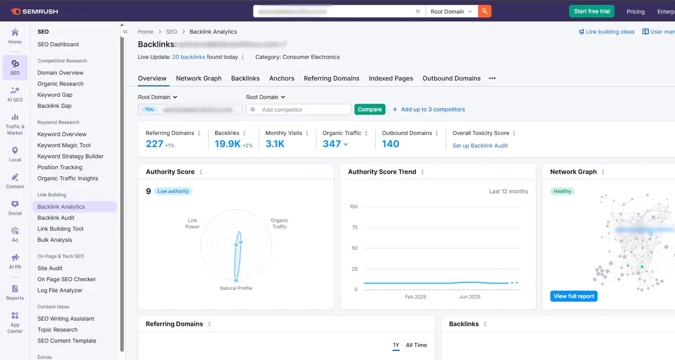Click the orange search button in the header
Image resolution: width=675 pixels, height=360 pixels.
(x=485, y=11)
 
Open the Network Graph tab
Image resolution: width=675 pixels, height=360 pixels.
(x=198, y=78)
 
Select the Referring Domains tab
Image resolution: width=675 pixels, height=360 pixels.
(x=331, y=78)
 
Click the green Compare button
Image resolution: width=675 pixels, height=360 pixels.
(x=370, y=109)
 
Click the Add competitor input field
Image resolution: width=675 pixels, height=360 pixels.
(x=301, y=109)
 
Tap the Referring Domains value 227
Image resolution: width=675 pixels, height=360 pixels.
(x=154, y=144)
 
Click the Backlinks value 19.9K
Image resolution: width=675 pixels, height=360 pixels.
(x=227, y=144)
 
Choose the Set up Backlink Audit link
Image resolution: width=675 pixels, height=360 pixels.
(x=480, y=145)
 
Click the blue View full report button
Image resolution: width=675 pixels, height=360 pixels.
(x=574, y=296)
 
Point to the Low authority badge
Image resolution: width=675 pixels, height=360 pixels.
(x=173, y=191)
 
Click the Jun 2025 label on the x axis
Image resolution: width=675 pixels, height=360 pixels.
(x=469, y=297)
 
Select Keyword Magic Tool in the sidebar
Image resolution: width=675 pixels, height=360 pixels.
(x=64, y=145)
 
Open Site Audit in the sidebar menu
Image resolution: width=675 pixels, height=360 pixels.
(x=50, y=268)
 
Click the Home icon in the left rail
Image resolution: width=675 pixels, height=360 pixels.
(x=15, y=36)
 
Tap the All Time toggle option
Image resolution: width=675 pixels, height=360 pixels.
(x=416, y=345)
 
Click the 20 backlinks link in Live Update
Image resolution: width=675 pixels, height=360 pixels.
(x=189, y=57)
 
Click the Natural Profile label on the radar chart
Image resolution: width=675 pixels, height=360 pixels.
(x=236, y=288)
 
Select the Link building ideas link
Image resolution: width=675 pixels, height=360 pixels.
(x=607, y=32)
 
